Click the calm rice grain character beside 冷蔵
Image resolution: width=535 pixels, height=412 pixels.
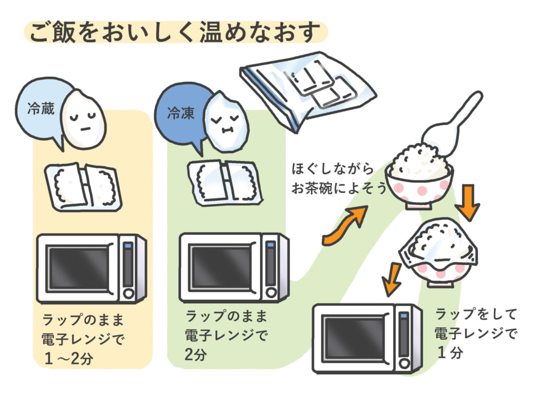pos(84,119)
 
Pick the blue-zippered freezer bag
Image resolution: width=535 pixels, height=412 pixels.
pos(308,89)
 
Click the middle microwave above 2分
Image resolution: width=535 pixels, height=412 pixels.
pos(233,267)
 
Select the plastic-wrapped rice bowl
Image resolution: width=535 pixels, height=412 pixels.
pos(439,251)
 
